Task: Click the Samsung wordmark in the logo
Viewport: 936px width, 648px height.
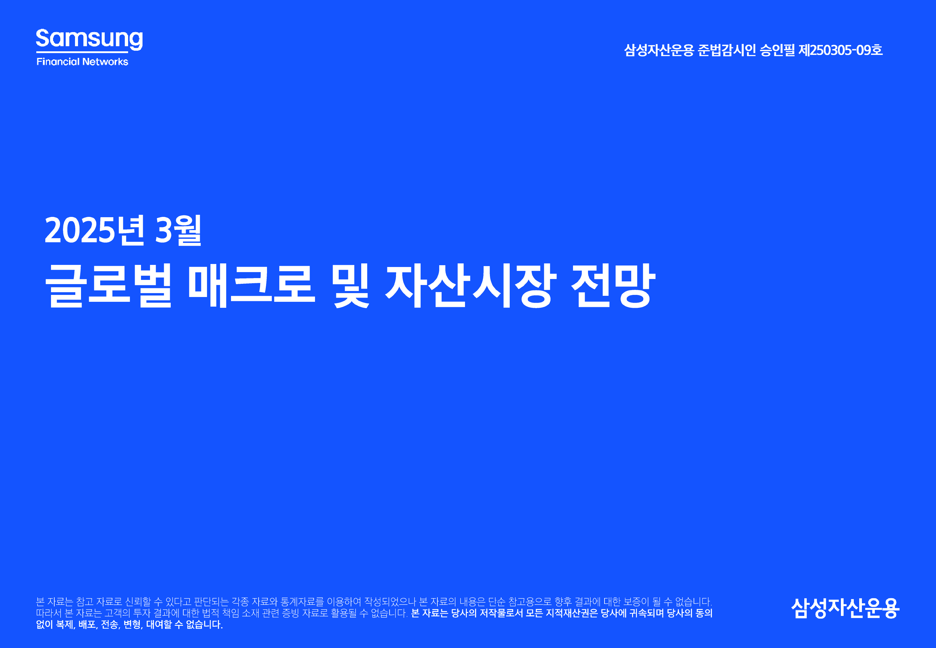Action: pos(89,39)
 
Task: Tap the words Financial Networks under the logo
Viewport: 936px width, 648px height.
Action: pos(82,62)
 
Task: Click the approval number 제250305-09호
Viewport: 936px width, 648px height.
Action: pos(840,50)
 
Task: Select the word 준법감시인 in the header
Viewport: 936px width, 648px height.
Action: pos(727,50)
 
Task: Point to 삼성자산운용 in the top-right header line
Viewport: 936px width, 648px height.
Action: pos(659,50)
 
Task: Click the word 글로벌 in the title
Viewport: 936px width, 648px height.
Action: pos(108,285)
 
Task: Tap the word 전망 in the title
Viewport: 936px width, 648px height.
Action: pos(613,285)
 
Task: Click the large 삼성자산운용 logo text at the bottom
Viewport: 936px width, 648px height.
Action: pos(845,608)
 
